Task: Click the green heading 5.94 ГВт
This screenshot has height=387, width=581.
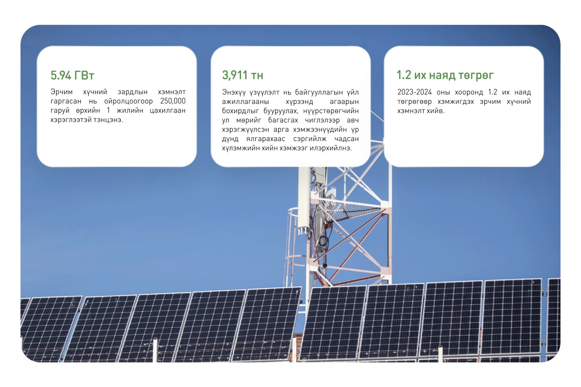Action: pos(72,76)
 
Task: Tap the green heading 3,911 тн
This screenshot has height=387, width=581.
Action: pos(242,75)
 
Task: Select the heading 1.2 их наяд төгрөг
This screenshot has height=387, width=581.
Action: pos(445,75)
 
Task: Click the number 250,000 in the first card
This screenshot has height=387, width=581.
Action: pos(173,101)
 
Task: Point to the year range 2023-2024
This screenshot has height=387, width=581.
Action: pos(414,92)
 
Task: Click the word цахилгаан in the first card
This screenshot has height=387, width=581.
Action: pos(168,110)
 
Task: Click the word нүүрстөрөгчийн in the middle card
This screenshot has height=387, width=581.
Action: pos(331,111)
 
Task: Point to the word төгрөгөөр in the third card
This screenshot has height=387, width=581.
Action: pos(414,101)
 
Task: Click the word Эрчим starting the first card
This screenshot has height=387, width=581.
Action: pos(62,92)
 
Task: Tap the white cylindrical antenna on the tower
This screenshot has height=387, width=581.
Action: pos(304,200)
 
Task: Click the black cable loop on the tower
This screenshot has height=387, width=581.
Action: pos(323,241)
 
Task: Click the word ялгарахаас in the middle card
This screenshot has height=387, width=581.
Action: pos(266,139)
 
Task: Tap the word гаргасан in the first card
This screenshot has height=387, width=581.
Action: pos(66,101)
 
